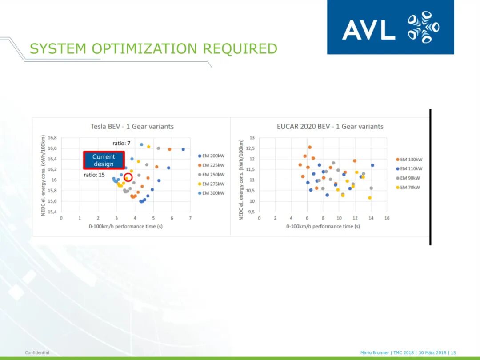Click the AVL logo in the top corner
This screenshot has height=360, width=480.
(x=390, y=27)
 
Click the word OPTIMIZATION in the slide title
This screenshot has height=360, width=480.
(x=144, y=49)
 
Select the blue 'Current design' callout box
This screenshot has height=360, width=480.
(x=104, y=160)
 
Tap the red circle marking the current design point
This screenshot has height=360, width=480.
(x=128, y=177)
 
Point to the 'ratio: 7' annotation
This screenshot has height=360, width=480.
(x=121, y=143)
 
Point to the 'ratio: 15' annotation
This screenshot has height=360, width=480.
(x=94, y=175)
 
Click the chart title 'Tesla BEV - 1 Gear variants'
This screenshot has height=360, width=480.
(x=132, y=126)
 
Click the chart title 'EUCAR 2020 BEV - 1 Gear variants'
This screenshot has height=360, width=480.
(x=330, y=126)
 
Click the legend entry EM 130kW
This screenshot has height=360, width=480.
(x=409, y=160)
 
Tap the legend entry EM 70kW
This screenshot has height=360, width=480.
(x=408, y=188)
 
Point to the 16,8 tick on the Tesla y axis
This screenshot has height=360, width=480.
(x=52, y=138)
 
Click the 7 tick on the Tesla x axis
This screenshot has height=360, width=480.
(x=190, y=218)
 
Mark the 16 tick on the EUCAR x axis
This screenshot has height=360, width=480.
(x=387, y=218)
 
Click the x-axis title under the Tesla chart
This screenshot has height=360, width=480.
(x=125, y=227)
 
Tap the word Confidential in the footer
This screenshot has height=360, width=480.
(x=37, y=352)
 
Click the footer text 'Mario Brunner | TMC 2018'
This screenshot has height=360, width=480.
(x=387, y=352)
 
